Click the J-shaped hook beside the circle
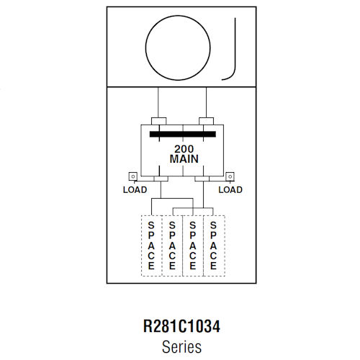pos(235,48)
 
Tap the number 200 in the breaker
pos(184,149)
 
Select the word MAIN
pos(184,159)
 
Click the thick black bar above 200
pos(183,134)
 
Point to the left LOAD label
pos(135,190)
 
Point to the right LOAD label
pos(230,190)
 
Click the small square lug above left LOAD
pos(133,176)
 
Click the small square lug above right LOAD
pos(230,176)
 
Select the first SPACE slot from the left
pos(151,246)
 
